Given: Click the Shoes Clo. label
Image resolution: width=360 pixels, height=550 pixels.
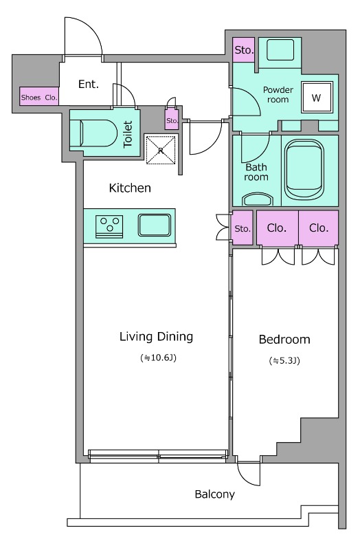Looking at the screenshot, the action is pos(39,98).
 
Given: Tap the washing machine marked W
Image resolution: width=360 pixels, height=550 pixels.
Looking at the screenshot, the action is pos(317,98).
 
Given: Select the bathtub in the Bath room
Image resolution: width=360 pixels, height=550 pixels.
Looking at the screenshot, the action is pos(304,170).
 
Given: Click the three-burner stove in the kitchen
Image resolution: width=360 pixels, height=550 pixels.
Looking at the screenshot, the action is pos(109,226).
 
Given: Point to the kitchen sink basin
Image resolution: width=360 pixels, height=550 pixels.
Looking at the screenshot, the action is pos(154,225).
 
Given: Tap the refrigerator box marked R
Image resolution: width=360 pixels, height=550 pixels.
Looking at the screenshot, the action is pos(161,150).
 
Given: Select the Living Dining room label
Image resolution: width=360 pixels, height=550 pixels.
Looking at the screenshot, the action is pos(157,337).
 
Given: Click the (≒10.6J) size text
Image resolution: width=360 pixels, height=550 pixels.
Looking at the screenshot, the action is pos(158,357).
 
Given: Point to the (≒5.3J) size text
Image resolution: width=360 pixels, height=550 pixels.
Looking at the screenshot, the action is pos(284,360).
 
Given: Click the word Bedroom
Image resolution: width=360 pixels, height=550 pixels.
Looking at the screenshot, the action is pos(284,340).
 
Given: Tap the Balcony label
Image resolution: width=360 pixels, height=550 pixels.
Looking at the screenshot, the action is pos(214,494).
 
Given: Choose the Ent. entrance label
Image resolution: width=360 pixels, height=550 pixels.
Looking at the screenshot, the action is pos(89,84).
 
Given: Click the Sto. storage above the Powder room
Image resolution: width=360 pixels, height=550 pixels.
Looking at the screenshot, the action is pos(244,49).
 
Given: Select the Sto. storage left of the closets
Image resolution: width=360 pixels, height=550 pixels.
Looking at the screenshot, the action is pos(243,228).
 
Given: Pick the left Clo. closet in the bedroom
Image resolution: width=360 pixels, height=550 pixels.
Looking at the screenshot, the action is pos(278,228).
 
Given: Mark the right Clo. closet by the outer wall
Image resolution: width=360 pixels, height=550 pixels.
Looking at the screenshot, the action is pos(319,228).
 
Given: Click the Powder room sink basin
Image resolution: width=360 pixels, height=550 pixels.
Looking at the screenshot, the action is pos(280,49).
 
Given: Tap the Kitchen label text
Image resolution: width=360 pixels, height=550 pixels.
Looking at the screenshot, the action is pos(130,188).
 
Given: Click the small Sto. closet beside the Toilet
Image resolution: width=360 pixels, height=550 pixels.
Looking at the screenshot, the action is pos(172,119).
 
